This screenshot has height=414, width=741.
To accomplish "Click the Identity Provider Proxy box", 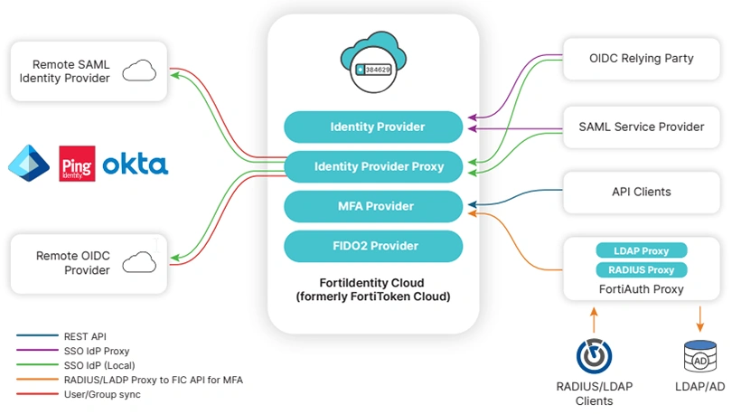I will click(373, 166).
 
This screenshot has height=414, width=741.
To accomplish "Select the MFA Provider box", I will click(373, 206).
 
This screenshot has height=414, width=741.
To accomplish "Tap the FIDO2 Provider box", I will click(373, 246).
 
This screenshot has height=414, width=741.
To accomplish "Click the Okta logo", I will click(135, 165).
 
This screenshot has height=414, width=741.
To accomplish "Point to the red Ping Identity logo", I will click(76, 165).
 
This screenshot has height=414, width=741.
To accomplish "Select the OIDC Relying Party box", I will click(641, 59).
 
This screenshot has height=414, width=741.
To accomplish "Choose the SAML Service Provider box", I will click(641, 127).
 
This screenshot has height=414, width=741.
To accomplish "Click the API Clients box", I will click(641, 192).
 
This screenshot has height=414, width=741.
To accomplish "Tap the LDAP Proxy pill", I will click(642, 250).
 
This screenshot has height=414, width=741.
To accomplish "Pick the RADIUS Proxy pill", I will click(642, 269).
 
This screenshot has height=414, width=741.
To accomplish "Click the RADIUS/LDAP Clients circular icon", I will click(594, 356).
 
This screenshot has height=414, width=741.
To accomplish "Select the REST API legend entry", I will click(87, 336).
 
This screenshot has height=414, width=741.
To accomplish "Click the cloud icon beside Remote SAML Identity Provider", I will click(138, 71).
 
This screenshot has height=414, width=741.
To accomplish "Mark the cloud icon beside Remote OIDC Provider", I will click(138, 262).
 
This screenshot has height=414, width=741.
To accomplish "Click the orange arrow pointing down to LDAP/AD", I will click(700, 319).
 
